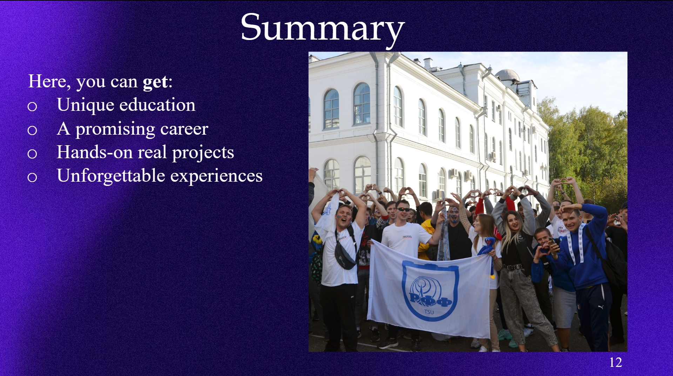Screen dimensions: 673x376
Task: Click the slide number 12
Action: coord(615,362)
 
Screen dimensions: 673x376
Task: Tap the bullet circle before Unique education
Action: coord(32,107)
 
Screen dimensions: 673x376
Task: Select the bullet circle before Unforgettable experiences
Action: coord(32,177)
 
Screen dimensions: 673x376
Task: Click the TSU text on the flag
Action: coord(429,312)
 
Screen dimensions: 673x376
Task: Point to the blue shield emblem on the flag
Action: coord(430,290)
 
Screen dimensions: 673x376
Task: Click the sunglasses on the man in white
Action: coord(403,209)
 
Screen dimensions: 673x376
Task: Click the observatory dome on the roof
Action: coord(507,75)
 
